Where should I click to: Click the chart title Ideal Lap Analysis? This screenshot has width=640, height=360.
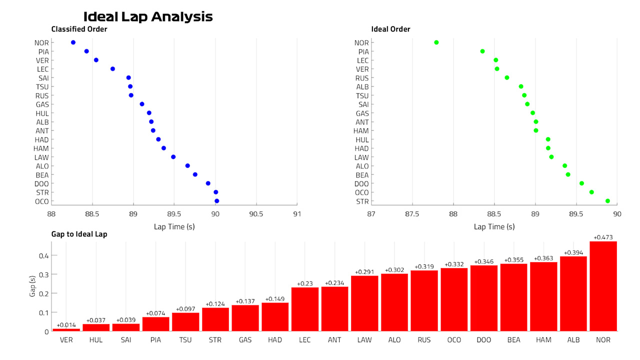(x=148, y=17)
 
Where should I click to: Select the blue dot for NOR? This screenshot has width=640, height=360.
(x=73, y=42)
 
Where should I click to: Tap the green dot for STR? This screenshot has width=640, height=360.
(x=607, y=201)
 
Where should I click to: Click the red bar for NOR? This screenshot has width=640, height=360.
(x=603, y=286)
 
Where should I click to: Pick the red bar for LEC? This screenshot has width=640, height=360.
(x=305, y=309)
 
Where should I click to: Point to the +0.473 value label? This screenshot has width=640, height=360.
(x=603, y=237)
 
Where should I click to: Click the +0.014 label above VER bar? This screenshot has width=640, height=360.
(x=66, y=325)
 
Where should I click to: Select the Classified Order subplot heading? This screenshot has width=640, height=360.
(x=79, y=29)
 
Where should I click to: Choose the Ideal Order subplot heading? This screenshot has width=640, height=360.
(x=390, y=29)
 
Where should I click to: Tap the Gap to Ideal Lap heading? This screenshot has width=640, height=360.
(x=79, y=234)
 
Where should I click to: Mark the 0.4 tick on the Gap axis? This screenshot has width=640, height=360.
(x=43, y=255)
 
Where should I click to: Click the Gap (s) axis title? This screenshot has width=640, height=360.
(x=32, y=286)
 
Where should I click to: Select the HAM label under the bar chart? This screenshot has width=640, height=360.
(x=543, y=340)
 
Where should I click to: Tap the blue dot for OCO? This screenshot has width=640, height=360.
(x=217, y=201)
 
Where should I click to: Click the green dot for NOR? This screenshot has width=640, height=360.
(x=436, y=42)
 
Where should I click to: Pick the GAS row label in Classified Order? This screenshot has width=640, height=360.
(x=42, y=104)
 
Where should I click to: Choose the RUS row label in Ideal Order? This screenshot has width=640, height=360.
(x=362, y=78)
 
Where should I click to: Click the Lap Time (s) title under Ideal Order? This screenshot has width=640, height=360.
(x=494, y=227)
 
